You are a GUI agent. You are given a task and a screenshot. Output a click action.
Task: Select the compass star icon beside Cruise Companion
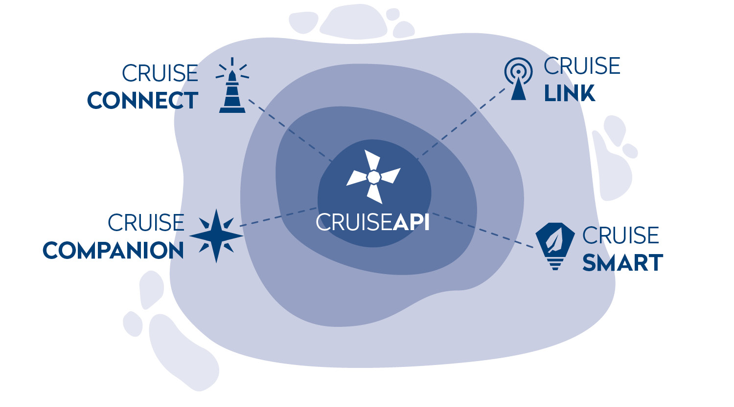point(216,236)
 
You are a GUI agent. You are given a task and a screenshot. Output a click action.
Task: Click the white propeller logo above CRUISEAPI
point(373,176)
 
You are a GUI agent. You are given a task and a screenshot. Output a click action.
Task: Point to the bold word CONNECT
point(142,101)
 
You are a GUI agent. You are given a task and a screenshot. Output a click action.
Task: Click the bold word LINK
point(570,93)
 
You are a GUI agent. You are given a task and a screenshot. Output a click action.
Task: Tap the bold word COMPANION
point(113,251)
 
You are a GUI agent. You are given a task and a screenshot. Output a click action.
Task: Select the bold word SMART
point(622,263)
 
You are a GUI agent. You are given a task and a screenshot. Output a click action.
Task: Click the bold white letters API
point(411,223)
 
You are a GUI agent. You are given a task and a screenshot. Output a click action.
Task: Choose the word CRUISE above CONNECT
point(160,74)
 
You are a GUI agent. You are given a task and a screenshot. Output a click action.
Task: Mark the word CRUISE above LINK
point(582,66)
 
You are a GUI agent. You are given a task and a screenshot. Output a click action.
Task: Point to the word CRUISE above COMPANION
point(146,223)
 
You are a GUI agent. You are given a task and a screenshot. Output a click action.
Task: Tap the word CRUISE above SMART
point(620,236)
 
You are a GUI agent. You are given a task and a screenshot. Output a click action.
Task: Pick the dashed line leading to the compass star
point(279,216)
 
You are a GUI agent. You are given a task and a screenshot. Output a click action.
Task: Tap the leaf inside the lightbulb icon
point(555,241)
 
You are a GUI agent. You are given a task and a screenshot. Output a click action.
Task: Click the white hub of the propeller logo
point(373,176)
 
